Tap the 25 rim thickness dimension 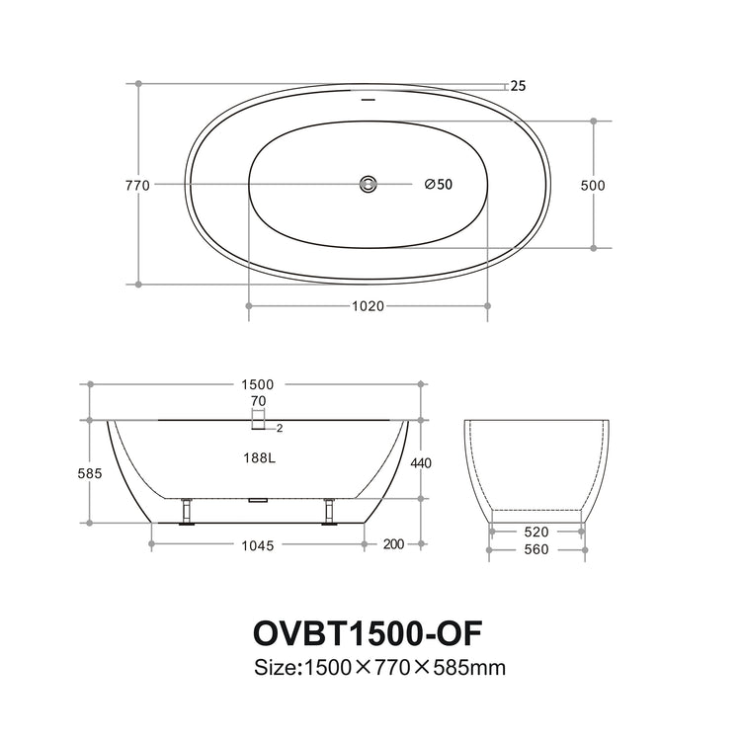click(518, 86)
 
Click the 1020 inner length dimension click(368, 305)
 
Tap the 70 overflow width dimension click(259, 401)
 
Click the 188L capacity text click(258, 457)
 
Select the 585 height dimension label click(90, 473)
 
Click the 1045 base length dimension click(257, 544)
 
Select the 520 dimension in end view click(536, 532)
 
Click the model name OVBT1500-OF click(368, 631)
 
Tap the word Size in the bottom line click(276, 668)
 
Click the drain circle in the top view click(368, 184)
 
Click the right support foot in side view click(329, 512)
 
